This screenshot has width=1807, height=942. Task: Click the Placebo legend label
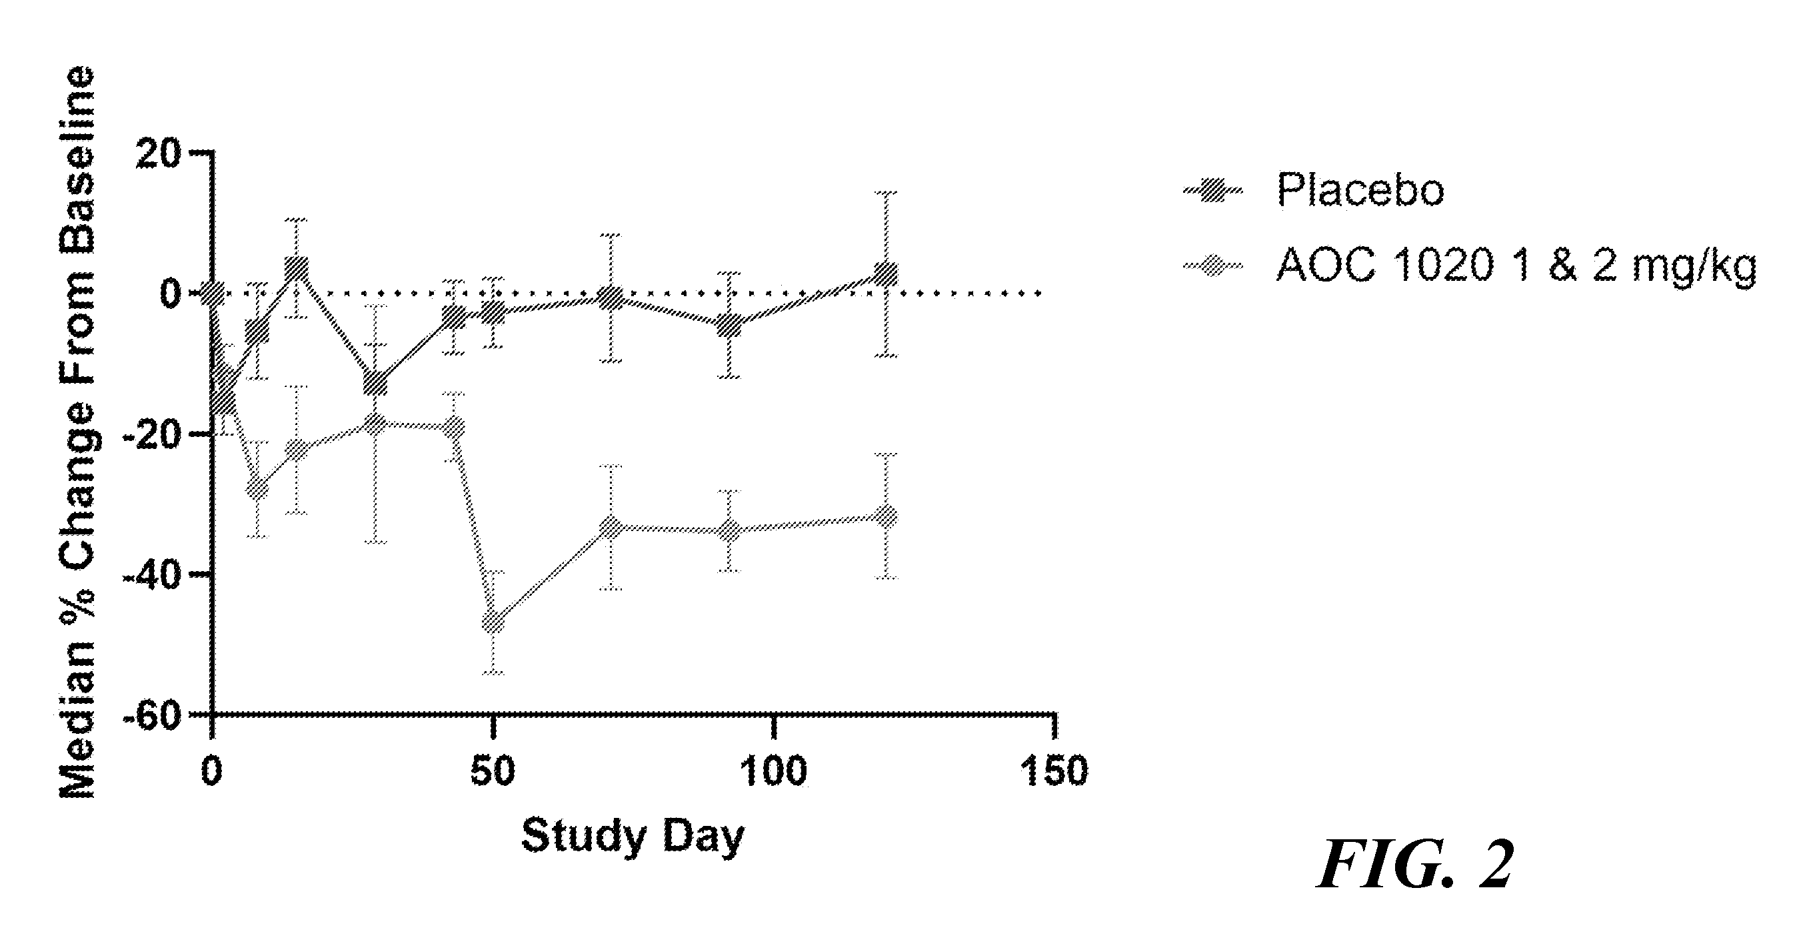(x=1360, y=189)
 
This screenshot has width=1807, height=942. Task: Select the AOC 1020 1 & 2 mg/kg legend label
(x=1516, y=267)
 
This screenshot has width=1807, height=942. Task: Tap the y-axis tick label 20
(x=159, y=153)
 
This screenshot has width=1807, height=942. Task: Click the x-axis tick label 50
(x=493, y=771)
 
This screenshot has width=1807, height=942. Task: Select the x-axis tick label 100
(x=774, y=771)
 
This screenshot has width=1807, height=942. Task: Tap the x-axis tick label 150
(x=1054, y=771)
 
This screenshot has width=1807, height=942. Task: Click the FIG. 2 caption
(x=1414, y=865)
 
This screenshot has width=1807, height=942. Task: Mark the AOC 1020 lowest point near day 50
(x=494, y=622)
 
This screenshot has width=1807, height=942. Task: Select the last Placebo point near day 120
(x=887, y=274)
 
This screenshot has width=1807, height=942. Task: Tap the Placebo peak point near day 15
(x=297, y=268)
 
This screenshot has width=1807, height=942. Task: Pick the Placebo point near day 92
(x=730, y=325)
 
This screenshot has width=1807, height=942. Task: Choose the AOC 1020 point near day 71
(x=613, y=526)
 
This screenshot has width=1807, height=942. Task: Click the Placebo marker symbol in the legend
(x=1213, y=190)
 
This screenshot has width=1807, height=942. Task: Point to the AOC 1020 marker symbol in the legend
(x=1213, y=267)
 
